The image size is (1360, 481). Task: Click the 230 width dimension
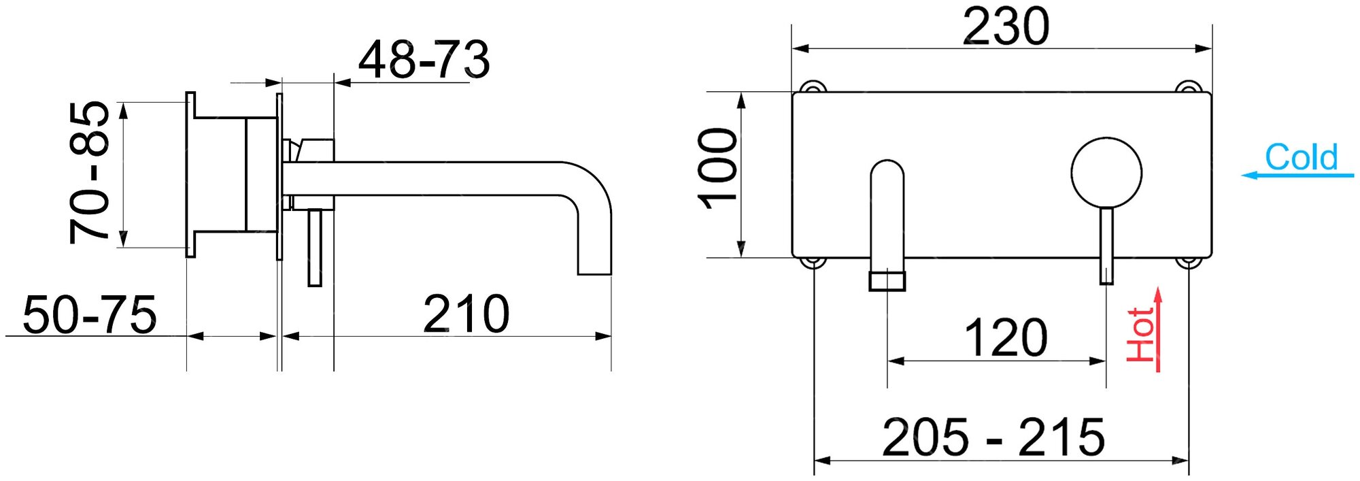coord(1006,27)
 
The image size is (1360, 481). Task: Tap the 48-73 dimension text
coord(423,60)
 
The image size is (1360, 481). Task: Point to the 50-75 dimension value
coord(89,315)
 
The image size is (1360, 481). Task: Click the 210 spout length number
coord(466,314)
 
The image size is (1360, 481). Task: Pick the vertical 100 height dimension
coord(718,168)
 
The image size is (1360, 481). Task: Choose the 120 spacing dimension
coord(1006,338)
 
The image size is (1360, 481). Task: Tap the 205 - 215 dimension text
coord(993,437)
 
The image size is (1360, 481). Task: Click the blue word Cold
coord(1301,157)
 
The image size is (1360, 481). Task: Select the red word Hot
coord(1140,334)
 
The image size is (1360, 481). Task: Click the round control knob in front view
coord(1106,172)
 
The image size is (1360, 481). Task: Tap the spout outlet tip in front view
coord(887,280)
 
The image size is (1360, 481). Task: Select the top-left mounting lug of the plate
coord(813,88)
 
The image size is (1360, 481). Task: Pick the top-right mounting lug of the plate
coord(1189,88)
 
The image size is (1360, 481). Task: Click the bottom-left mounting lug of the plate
coord(813,261)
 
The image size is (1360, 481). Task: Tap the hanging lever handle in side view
coord(314,248)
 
